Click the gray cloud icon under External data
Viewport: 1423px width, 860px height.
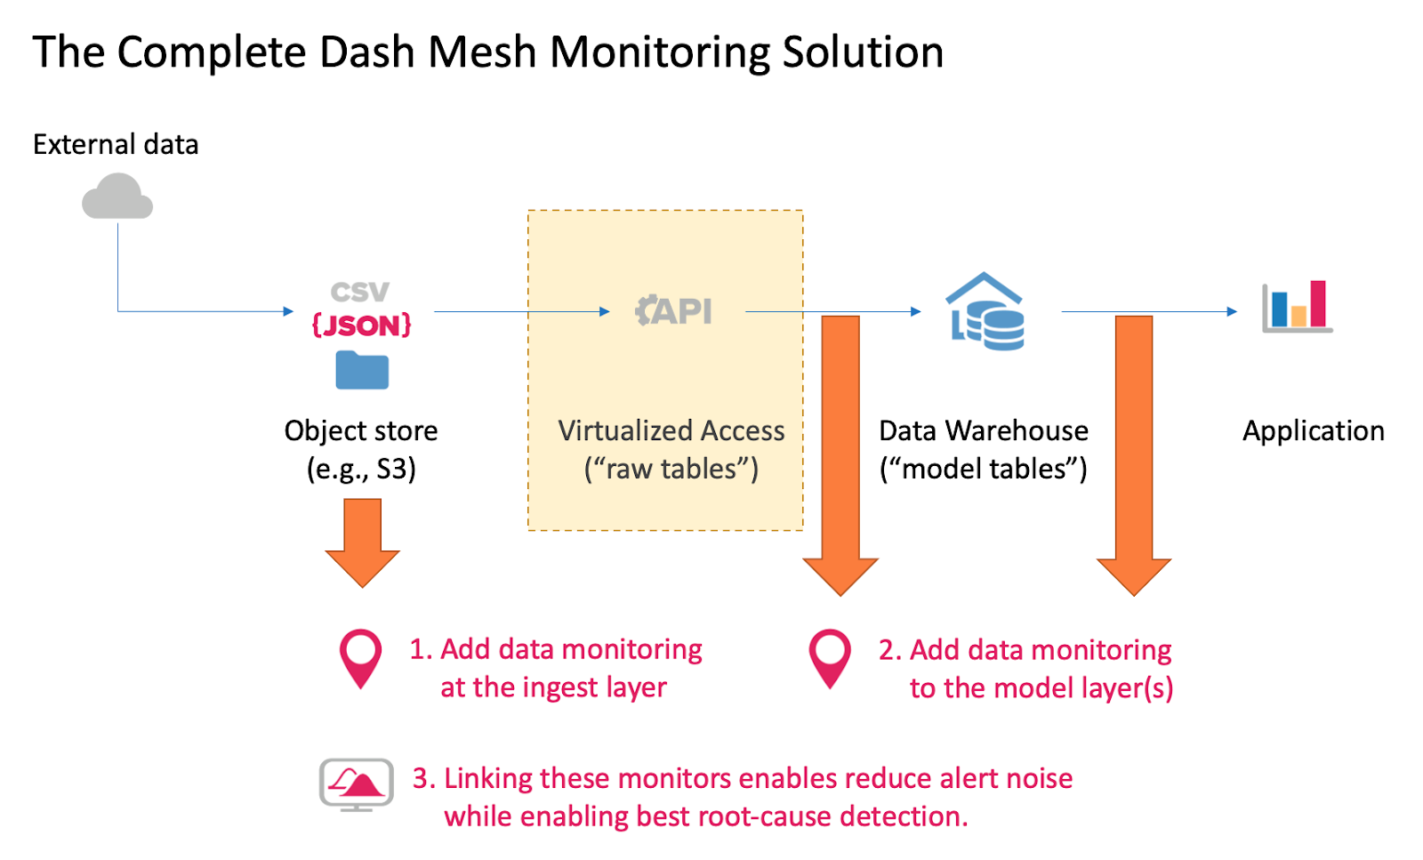(117, 197)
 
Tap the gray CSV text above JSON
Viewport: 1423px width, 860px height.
(360, 292)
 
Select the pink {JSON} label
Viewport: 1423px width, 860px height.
(361, 326)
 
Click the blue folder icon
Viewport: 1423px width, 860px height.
(362, 370)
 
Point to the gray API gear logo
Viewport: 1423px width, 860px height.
(673, 311)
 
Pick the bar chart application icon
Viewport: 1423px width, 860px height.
(1297, 307)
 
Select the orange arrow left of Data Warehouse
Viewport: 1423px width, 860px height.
(840, 454)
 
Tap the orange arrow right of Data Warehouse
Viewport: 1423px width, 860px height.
(1134, 454)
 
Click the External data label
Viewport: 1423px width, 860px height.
(116, 145)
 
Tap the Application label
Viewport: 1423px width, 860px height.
(1314, 431)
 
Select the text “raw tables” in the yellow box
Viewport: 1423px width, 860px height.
(671, 469)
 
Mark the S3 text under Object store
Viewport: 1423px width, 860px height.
(396, 469)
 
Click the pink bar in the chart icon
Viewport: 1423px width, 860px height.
(1318, 304)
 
